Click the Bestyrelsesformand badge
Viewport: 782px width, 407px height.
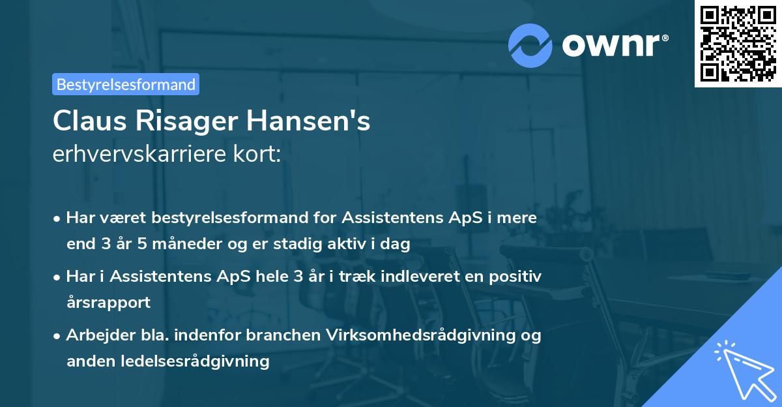(x=126, y=84)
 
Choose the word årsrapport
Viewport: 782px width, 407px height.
(x=108, y=303)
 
